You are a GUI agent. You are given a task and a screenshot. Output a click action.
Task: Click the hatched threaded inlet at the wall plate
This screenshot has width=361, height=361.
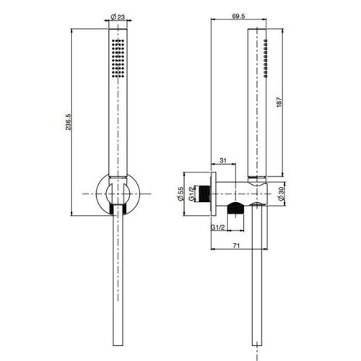(x=209, y=193)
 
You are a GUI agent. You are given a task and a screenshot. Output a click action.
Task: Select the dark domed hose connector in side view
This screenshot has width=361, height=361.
(x=234, y=209)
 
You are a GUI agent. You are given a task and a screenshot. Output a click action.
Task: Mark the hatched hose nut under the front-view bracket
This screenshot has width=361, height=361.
(x=116, y=210)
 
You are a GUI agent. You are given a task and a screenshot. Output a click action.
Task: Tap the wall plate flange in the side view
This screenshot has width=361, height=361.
(x=214, y=193)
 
